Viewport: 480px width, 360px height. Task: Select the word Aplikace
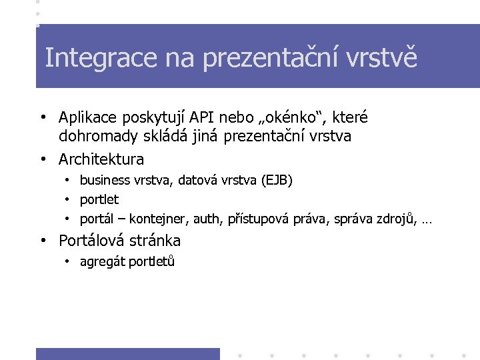[89, 118]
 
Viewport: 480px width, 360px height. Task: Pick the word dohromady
[97, 137]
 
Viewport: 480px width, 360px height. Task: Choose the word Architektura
[101, 159]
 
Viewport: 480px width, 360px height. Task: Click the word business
[105, 181]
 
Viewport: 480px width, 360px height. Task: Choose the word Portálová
[93, 241]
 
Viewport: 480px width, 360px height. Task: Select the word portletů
[152, 262]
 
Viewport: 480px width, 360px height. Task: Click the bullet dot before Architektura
[43, 160]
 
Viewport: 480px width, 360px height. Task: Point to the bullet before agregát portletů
[68, 262]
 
